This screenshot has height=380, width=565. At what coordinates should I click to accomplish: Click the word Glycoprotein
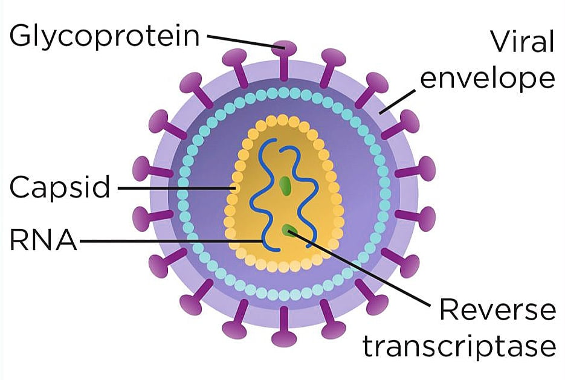(x=104, y=36)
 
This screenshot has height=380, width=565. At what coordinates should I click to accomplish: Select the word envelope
(x=488, y=79)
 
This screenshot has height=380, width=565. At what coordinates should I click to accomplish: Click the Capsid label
(x=60, y=188)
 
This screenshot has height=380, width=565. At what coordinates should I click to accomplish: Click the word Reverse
(x=497, y=310)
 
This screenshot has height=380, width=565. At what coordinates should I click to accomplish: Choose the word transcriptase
(x=459, y=347)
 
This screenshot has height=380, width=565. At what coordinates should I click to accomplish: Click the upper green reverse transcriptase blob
(x=285, y=185)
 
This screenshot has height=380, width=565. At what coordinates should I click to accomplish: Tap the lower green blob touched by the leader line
(x=289, y=230)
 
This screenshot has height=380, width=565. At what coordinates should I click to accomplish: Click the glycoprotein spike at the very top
(x=284, y=60)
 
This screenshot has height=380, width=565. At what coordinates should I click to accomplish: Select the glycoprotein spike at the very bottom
(x=284, y=327)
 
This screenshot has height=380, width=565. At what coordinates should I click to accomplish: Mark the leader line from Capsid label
(x=176, y=188)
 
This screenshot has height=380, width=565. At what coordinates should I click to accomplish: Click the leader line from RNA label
(x=171, y=241)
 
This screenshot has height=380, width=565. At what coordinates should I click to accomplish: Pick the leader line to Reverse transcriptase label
(x=360, y=269)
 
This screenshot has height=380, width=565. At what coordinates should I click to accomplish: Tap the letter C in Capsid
(x=21, y=187)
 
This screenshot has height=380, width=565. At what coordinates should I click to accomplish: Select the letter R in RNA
(x=18, y=240)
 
